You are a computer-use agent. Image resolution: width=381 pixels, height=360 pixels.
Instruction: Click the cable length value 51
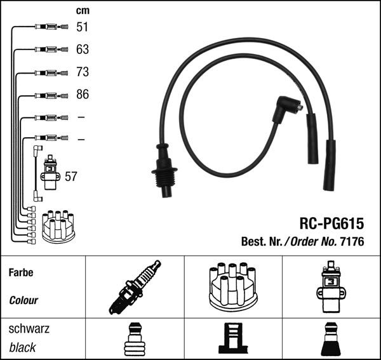(x=83, y=27)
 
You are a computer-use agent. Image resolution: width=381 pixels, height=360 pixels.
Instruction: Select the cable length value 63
(x=83, y=49)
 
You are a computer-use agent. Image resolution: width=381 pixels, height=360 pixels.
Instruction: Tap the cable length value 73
(x=83, y=72)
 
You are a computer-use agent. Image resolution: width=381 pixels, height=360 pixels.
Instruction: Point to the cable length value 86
(x=83, y=95)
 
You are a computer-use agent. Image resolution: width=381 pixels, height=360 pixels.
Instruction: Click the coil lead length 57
(x=70, y=177)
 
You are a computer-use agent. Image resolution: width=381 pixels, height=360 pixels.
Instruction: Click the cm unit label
(x=82, y=10)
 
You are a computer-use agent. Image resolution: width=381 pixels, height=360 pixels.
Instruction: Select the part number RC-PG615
(x=331, y=224)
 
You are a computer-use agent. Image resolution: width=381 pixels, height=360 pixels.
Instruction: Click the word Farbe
(x=21, y=272)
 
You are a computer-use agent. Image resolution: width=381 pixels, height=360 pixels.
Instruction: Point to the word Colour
(x=23, y=300)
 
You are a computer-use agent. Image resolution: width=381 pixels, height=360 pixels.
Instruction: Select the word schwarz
(x=29, y=330)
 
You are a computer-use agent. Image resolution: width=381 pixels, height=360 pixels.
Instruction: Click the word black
(x=22, y=347)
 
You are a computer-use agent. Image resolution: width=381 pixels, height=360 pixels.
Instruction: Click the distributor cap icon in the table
(x=232, y=287)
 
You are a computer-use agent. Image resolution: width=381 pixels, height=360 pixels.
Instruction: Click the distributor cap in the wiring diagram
(x=58, y=226)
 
